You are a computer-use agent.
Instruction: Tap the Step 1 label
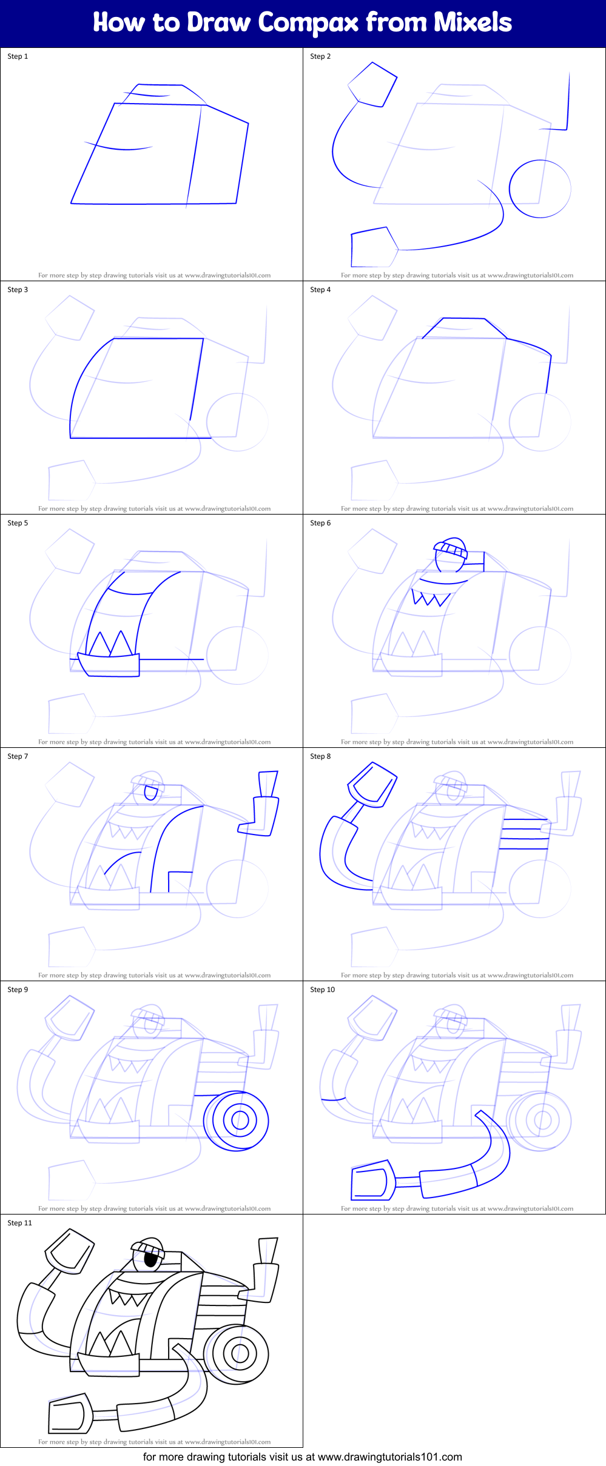(x=18, y=56)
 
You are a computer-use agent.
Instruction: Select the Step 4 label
(x=320, y=290)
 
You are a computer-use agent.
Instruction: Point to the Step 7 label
(x=18, y=756)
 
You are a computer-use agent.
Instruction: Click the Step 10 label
(x=322, y=990)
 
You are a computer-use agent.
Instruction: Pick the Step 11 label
(x=19, y=1223)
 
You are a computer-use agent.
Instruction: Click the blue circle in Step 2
(x=540, y=188)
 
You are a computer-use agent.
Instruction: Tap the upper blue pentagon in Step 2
(x=373, y=85)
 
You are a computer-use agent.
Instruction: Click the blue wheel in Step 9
(x=237, y=1121)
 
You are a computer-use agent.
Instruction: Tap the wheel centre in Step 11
(x=240, y=1353)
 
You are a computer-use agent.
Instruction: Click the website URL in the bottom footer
(x=389, y=1457)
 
